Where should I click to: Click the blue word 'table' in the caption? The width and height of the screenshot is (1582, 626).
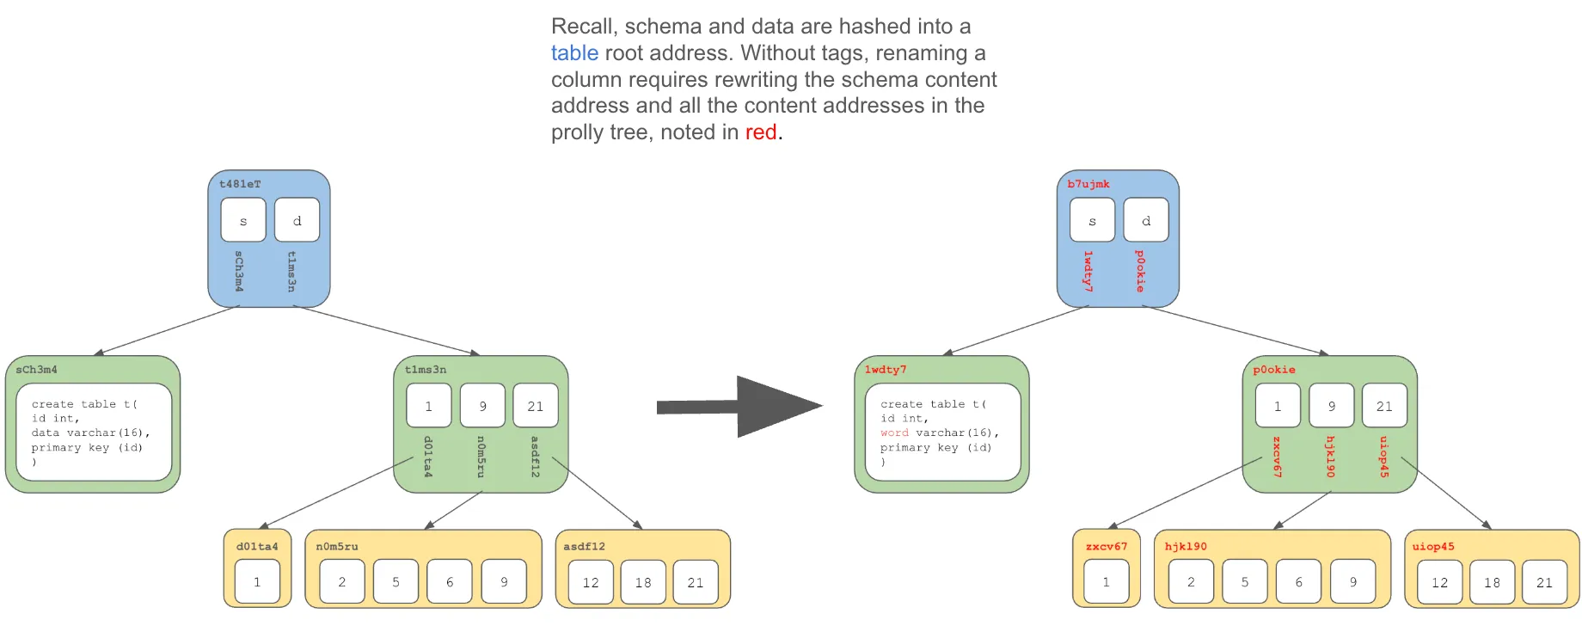[574, 53]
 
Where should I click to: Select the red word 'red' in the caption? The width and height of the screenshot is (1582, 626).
[760, 132]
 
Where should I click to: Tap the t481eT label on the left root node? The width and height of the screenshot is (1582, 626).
[240, 184]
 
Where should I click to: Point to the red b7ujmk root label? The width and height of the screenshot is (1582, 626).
[1088, 184]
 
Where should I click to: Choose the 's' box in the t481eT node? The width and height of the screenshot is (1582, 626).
[243, 221]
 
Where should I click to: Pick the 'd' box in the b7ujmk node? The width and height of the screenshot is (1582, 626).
[1146, 221]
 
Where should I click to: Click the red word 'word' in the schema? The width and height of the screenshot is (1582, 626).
[894, 433]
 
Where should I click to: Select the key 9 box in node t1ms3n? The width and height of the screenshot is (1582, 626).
[482, 406]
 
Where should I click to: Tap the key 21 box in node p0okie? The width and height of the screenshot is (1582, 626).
[1384, 406]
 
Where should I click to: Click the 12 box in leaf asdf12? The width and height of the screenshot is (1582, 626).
[591, 582]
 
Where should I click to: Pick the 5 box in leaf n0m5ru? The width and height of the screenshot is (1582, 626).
[395, 582]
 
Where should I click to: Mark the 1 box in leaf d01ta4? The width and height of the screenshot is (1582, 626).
[257, 582]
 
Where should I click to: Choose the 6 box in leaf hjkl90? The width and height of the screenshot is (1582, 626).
[1298, 582]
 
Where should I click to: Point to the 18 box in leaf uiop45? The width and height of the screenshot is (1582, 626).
[1492, 582]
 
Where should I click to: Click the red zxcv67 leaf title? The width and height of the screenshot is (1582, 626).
[1106, 546]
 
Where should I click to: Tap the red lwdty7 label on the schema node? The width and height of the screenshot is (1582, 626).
[886, 370]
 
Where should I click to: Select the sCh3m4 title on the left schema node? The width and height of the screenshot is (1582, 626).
[37, 370]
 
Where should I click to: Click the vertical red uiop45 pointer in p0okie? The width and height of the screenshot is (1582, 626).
[1383, 457]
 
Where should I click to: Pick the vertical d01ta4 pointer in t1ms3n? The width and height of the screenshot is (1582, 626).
[428, 457]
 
